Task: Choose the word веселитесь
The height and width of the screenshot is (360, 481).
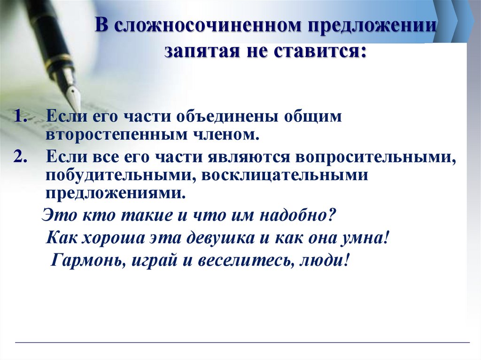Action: (x=242, y=260)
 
